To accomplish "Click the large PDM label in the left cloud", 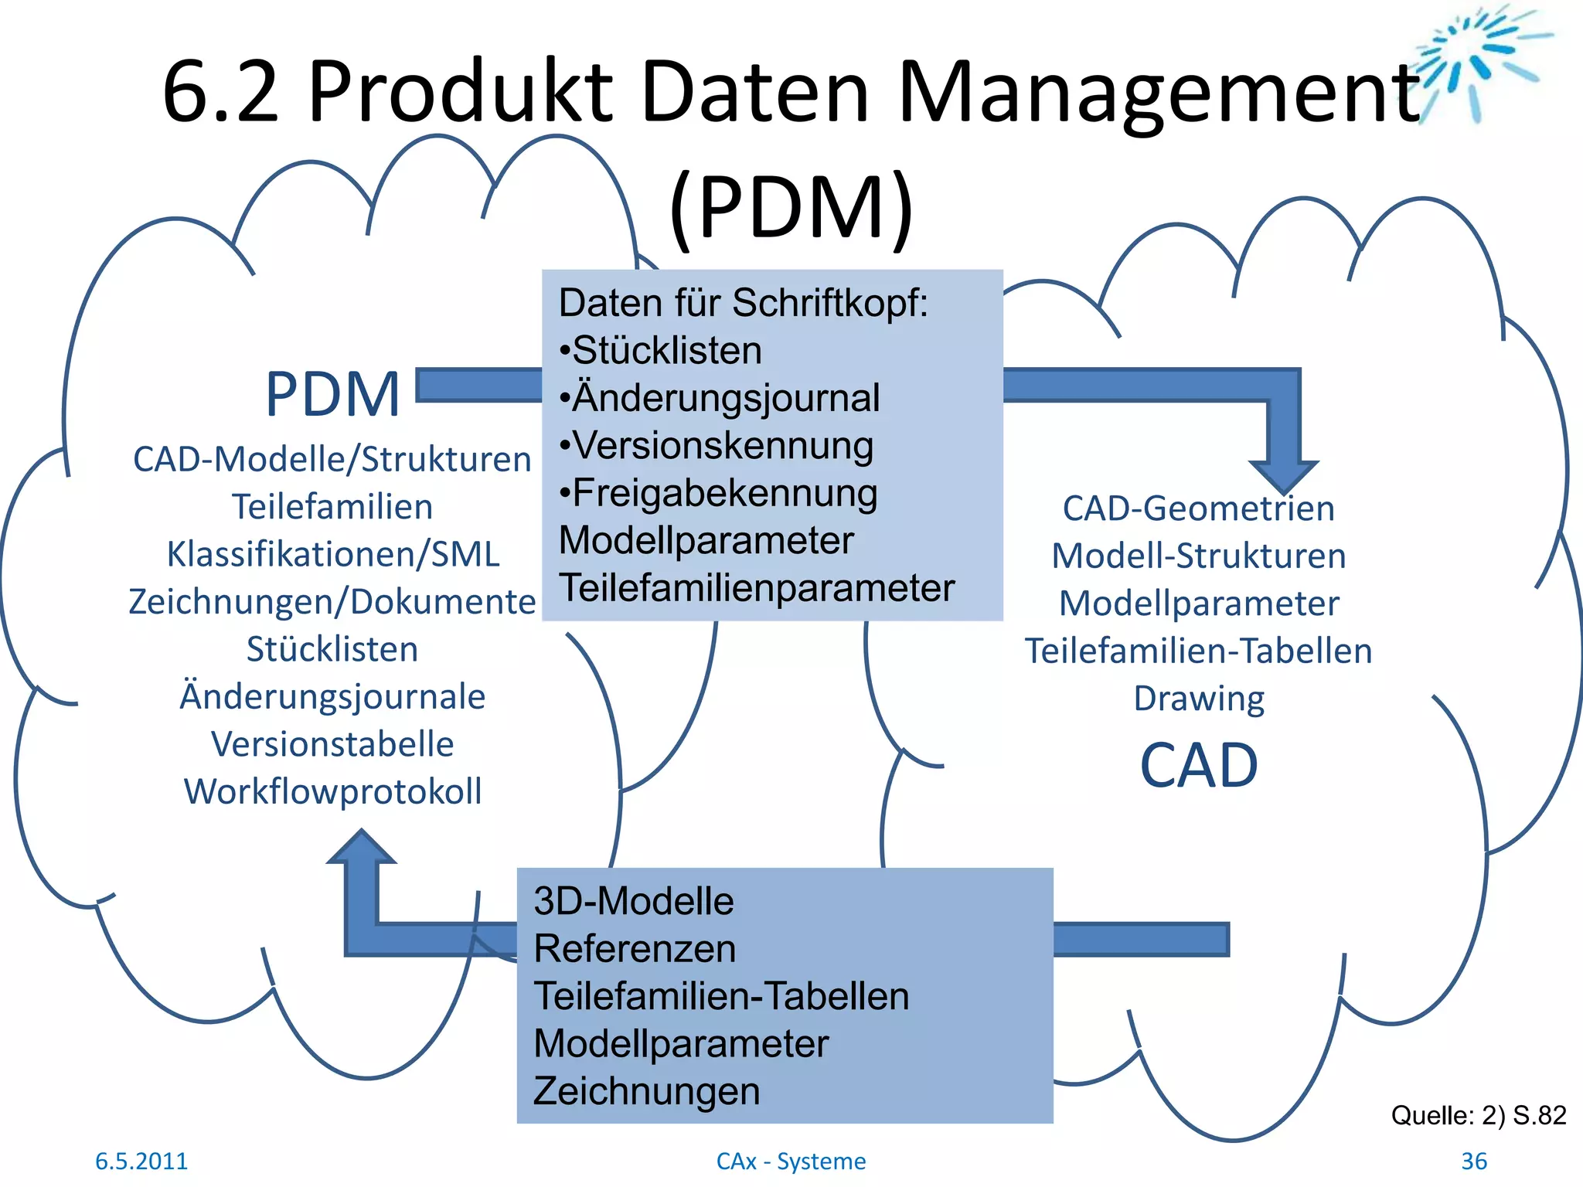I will point(332,395).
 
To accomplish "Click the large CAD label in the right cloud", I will point(1199,766).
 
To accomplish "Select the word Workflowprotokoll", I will point(332,791).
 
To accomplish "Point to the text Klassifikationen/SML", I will point(332,554).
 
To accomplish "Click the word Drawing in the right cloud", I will point(1199,699).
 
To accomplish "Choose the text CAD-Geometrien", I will point(1198,508).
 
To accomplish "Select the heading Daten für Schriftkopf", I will point(742,303).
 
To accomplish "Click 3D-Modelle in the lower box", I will point(633,901).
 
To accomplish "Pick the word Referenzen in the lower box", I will point(634,949).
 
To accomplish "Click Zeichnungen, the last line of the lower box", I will point(646,1091).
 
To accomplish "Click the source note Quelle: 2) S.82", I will point(1478,1115).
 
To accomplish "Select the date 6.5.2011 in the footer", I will point(141,1161).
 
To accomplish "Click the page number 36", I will point(1473,1161).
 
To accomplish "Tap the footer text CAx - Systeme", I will point(791,1161).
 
